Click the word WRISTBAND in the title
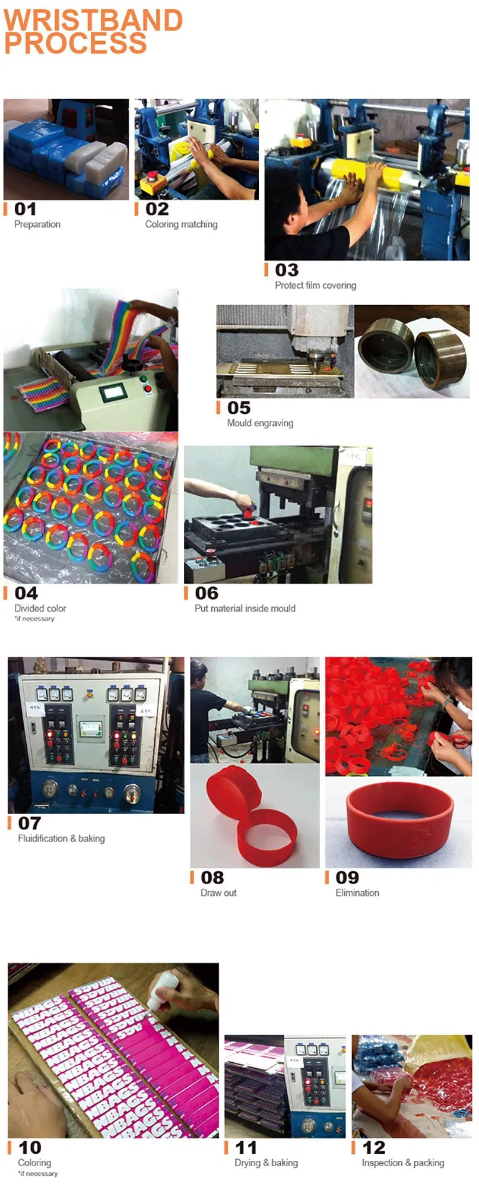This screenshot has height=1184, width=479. click(93, 20)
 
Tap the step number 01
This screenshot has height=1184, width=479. click(26, 209)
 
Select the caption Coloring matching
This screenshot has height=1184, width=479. click(181, 224)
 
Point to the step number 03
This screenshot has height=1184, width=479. click(287, 270)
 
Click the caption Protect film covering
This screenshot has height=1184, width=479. click(315, 286)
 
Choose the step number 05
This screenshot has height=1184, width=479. click(239, 408)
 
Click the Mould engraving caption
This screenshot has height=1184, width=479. click(260, 423)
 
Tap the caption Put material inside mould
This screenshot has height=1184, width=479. click(245, 609)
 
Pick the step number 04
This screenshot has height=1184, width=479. click(26, 593)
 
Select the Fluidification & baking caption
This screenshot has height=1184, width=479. click(61, 838)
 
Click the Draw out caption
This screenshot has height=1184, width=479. click(218, 893)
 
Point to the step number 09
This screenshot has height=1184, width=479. click(347, 878)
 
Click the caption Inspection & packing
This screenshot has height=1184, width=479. click(402, 1163)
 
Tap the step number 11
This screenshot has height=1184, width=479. click(246, 1147)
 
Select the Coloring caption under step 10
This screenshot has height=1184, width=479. click(34, 1163)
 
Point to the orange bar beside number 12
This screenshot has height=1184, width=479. click(354, 1147)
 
